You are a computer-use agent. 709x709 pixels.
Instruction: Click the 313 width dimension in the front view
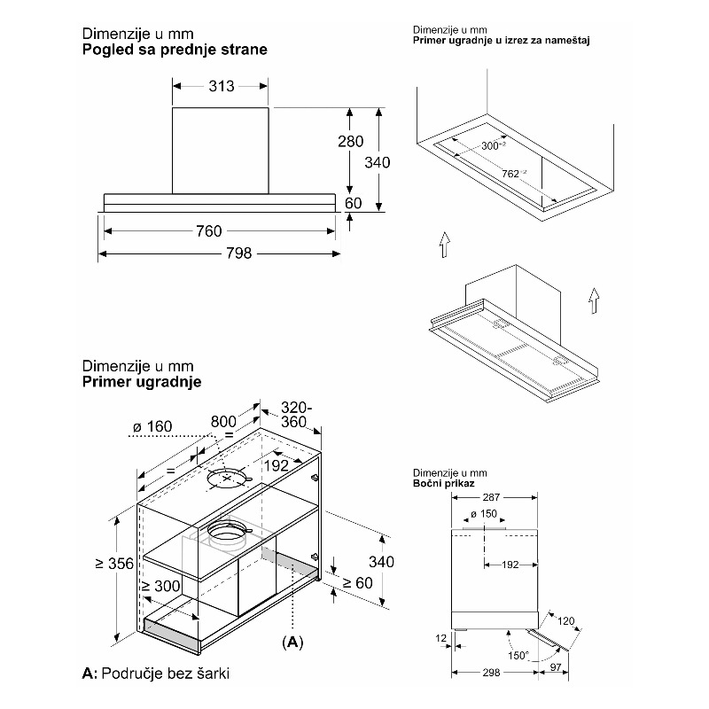coord(222,86)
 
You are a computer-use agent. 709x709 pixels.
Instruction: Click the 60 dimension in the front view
coord(353,204)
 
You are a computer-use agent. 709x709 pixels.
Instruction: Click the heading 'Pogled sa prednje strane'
coord(174,50)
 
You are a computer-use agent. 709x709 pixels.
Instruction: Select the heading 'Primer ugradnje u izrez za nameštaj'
coord(502,41)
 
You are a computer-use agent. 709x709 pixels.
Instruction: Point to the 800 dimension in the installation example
coord(223,422)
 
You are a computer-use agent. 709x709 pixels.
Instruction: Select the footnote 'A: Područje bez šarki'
coord(155,674)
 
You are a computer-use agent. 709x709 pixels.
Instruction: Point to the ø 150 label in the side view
coord(485,515)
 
